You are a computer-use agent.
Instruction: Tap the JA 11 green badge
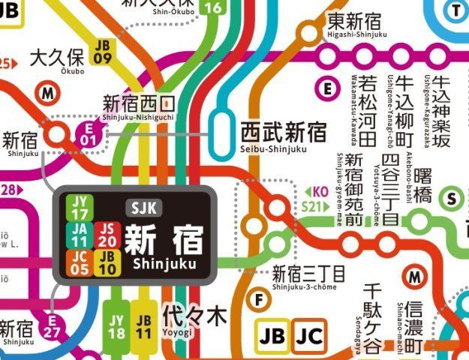coord(79,233)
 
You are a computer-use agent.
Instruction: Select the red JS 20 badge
coord(107,233)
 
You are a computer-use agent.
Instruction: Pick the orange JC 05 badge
coord(79,260)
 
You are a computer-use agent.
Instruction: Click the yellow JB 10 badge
coord(107,260)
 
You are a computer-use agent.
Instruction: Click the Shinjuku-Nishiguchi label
coord(139,106)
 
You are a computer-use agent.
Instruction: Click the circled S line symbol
coord(451,198)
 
